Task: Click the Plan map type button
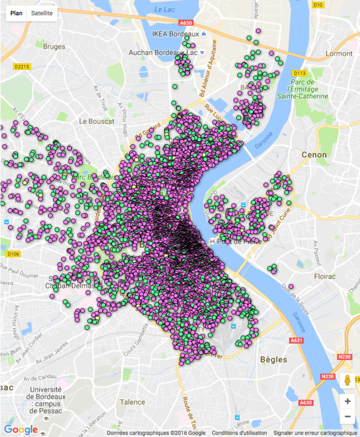(x=17, y=12)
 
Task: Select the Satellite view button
(x=42, y=12)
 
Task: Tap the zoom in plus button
(x=347, y=401)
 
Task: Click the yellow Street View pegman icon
(x=347, y=380)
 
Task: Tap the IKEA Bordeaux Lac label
(x=175, y=34)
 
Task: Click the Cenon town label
(x=314, y=155)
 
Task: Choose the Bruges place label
(x=54, y=47)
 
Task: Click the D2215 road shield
(x=22, y=67)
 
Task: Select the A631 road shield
(x=297, y=340)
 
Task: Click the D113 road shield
(x=300, y=73)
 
